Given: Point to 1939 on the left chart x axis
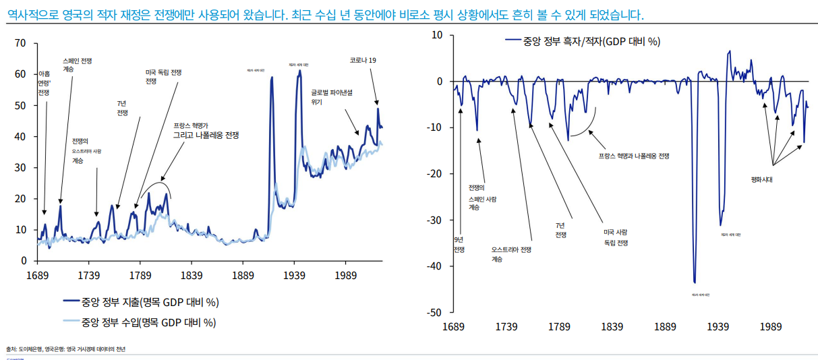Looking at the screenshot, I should (x=294, y=275).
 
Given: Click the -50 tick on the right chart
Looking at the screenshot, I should (x=435, y=313).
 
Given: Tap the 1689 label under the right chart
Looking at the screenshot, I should (x=453, y=327).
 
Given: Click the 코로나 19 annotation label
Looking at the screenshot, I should (x=362, y=61).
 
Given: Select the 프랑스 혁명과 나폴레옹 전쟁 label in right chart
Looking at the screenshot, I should (x=633, y=156).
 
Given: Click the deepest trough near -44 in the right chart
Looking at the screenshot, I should (x=695, y=282).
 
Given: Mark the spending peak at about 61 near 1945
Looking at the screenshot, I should (x=299, y=71).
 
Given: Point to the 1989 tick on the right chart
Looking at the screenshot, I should (x=771, y=327).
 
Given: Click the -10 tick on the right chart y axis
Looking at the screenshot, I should (x=435, y=128).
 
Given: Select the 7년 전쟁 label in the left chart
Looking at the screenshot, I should (x=122, y=108).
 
